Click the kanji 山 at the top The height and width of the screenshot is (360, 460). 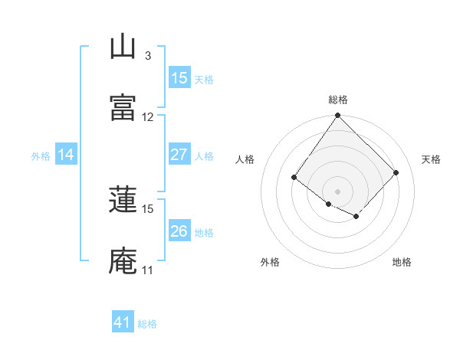(x=123, y=47)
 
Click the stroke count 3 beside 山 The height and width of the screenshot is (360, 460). (x=147, y=56)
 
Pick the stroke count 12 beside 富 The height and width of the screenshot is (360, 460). (x=148, y=117)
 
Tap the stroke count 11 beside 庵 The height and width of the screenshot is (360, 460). (x=148, y=270)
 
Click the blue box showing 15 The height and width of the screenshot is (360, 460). (x=179, y=78)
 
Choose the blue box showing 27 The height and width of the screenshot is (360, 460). (x=179, y=155)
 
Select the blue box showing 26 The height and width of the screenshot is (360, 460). (x=179, y=231)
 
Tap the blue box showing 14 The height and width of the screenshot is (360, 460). (x=66, y=155)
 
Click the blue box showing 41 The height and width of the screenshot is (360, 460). (x=123, y=322)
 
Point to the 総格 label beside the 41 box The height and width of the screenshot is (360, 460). (x=147, y=324)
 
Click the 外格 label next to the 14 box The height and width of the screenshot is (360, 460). (x=41, y=155)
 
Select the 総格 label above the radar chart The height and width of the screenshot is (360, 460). (x=337, y=100)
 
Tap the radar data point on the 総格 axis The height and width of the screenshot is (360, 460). (x=337, y=116)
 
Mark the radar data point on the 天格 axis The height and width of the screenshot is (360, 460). (x=396, y=172)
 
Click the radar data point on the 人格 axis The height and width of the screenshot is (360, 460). (x=294, y=178)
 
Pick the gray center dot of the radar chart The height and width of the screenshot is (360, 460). (x=337, y=191)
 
